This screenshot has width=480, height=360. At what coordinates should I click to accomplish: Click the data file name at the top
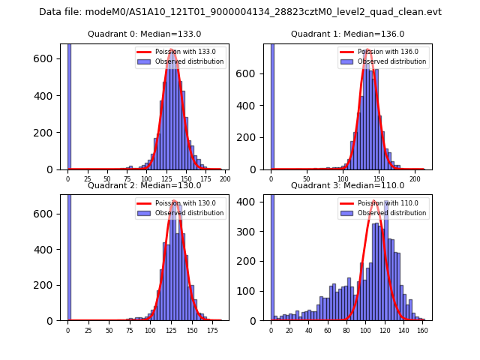(x=240, y=12)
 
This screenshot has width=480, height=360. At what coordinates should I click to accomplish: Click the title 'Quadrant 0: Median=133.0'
(x=145, y=34)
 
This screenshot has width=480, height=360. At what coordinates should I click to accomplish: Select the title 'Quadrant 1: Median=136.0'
(x=347, y=34)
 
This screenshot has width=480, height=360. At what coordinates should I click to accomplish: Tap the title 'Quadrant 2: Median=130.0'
(x=145, y=185)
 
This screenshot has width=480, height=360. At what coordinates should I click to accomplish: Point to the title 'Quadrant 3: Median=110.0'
(x=347, y=185)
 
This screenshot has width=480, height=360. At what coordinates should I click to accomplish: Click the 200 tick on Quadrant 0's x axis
(x=224, y=179)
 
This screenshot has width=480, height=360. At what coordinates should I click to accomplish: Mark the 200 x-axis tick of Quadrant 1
(x=415, y=179)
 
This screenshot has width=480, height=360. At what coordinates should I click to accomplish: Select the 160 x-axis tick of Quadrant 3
(x=422, y=330)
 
